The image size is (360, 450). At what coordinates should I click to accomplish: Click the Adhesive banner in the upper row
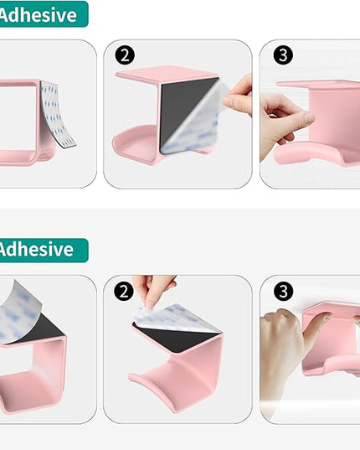tap(42, 13)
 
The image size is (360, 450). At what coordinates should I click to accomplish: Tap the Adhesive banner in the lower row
tap(42, 250)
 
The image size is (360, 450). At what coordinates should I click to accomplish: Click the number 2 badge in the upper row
tap(125, 55)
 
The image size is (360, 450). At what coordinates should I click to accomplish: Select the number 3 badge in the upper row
tap(284, 55)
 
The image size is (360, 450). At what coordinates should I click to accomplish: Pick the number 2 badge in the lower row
tap(125, 291)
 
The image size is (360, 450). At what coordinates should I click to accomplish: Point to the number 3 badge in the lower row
tap(284, 291)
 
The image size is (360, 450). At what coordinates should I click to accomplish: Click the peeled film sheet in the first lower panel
tap(21, 310)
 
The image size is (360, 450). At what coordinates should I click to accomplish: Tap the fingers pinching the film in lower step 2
tap(155, 289)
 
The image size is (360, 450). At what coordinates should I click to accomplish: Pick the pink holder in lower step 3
tap(335, 344)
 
